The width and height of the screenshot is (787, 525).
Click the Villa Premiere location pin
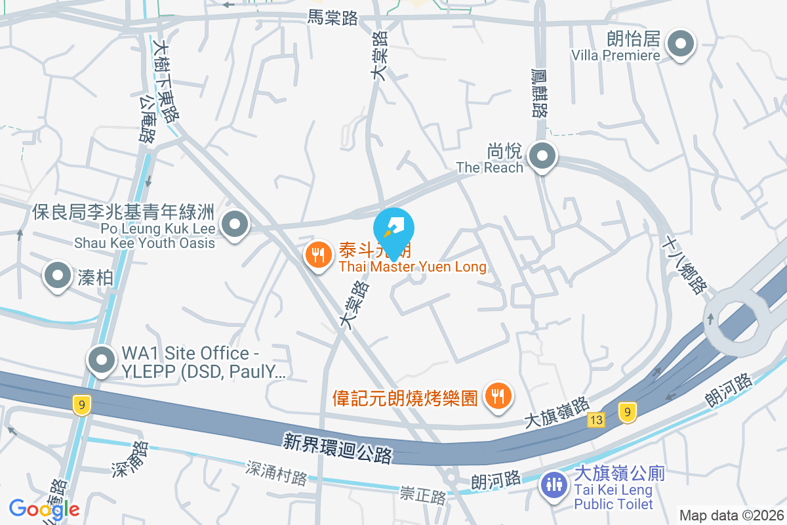(680, 45)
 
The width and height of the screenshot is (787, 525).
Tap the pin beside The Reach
(542, 157)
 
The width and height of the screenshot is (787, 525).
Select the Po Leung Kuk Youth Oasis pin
(234, 225)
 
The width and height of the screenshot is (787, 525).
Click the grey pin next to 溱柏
(58, 275)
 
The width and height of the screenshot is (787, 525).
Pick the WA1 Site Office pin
(102, 360)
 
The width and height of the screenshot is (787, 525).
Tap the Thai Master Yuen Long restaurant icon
(319, 255)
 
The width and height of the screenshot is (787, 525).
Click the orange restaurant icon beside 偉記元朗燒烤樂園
(498, 396)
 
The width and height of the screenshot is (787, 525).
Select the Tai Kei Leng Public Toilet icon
(554, 486)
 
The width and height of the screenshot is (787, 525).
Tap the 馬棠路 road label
(333, 18)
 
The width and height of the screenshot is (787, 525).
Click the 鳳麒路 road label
(540, 93)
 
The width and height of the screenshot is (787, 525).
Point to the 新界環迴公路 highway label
(338, 448)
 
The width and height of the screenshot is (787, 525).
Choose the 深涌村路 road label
(276, 472)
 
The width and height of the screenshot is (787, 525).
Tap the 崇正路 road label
(423, 495)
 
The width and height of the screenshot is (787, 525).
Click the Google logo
(44, 509)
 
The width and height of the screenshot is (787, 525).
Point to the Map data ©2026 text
(731, 516)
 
